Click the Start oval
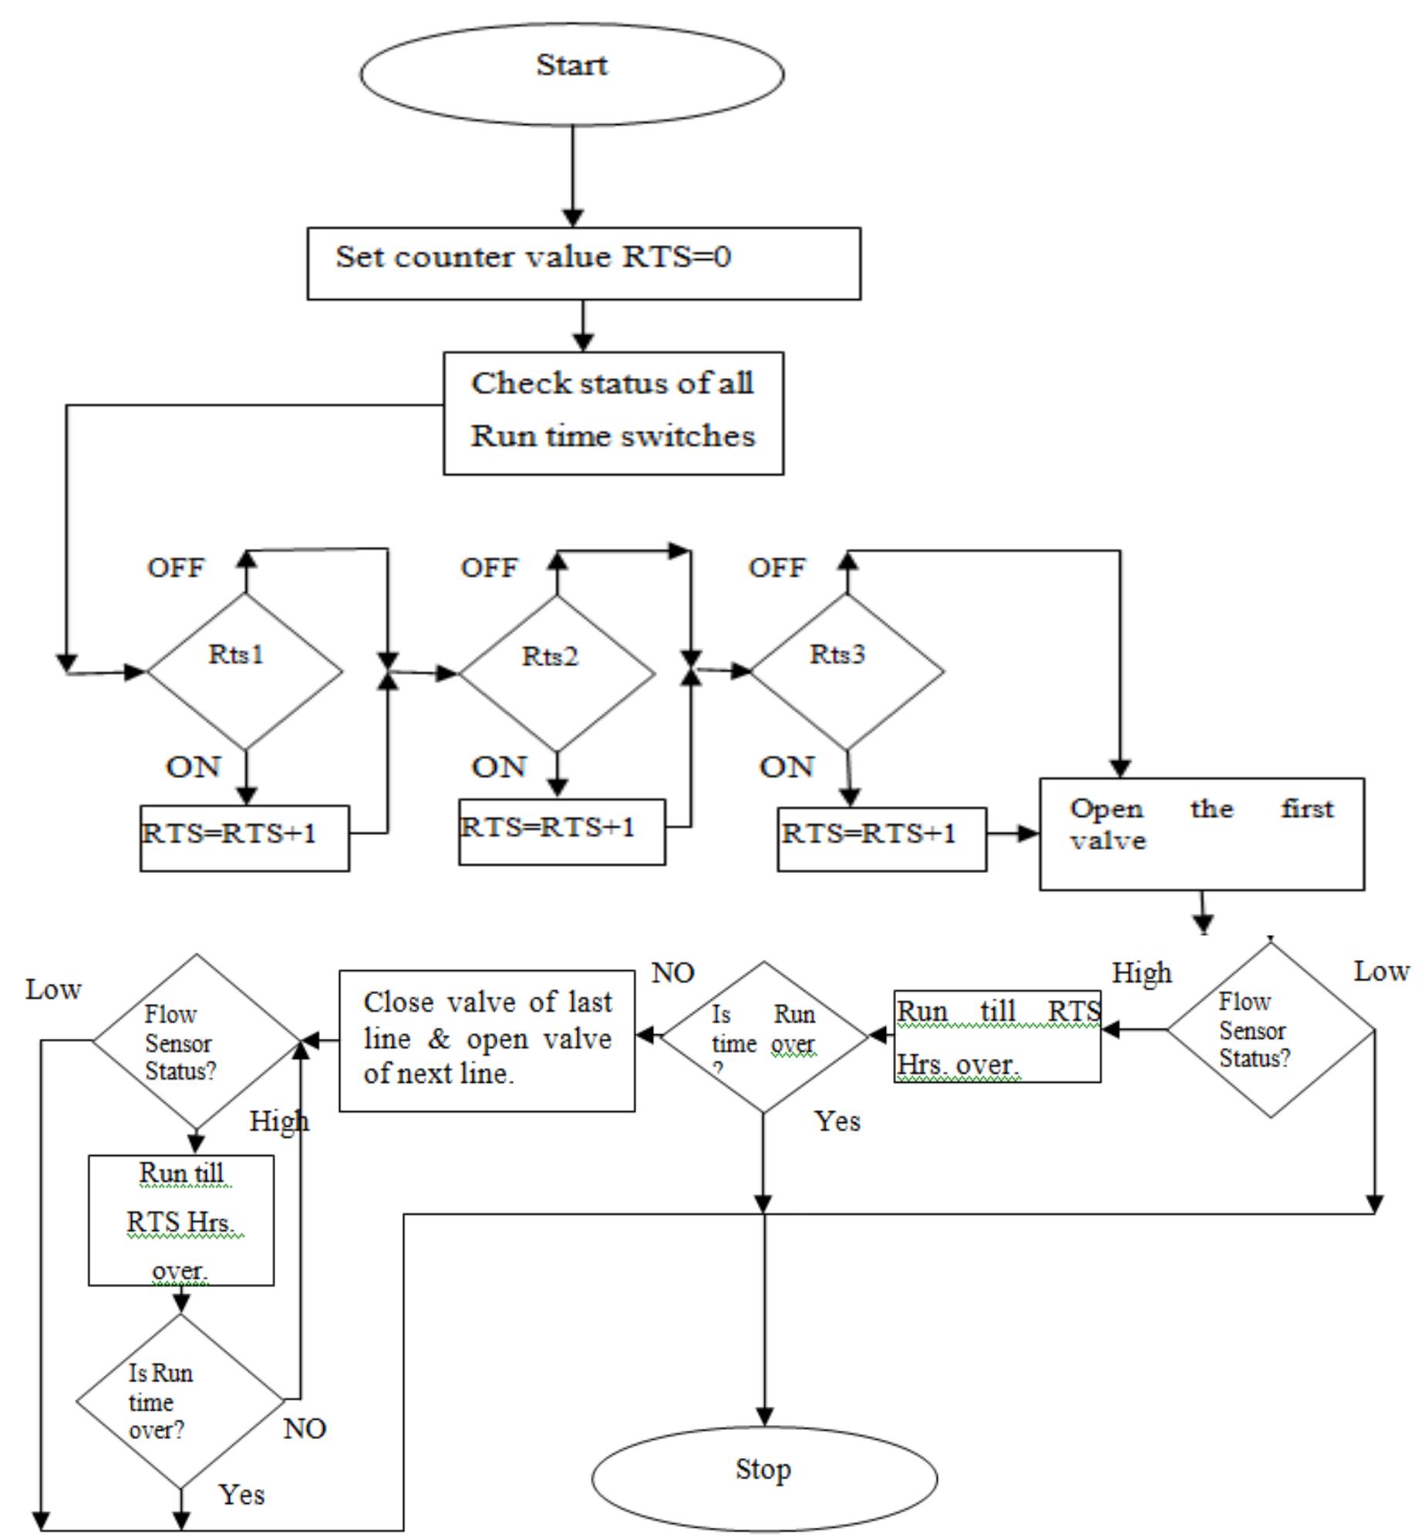571,73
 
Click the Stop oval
763,1476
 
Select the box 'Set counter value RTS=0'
583,263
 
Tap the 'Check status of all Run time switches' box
613,413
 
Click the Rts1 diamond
244,671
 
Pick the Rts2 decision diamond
557,672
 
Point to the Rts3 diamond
847,671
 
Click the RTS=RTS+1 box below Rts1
244,838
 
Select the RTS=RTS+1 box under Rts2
561,831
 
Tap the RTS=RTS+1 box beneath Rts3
881,839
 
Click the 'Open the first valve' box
1201,834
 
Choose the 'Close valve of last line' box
487,1040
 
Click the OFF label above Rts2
489,568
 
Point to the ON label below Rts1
193,767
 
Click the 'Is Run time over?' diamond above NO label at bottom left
180,1400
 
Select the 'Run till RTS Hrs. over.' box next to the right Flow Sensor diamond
996,1036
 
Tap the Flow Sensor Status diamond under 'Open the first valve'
1270,1030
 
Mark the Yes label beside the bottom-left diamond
241,1494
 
